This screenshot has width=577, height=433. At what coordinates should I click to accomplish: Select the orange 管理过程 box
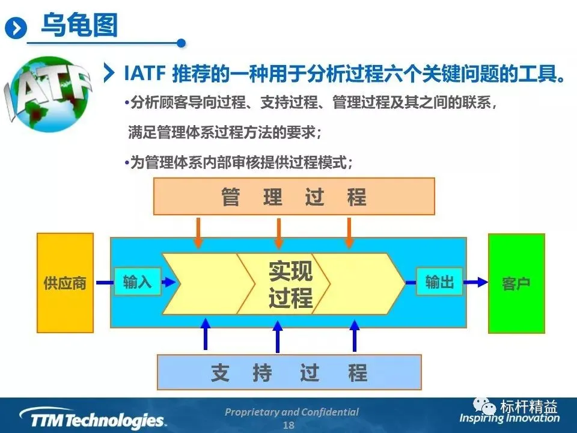tap(294, 197)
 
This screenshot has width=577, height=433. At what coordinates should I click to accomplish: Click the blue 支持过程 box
tap(289, 373)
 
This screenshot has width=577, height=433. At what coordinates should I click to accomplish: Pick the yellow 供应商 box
tap(65, 283)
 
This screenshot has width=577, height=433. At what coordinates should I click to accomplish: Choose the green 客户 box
tap(516, 283)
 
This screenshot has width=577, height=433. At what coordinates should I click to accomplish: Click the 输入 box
tap(138, 281)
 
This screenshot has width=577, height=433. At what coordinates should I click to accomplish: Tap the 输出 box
tap(439, 281)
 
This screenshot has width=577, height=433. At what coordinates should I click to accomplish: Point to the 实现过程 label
tap(291, 284)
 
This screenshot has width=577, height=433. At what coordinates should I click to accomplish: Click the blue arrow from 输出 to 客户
tap(475, 281)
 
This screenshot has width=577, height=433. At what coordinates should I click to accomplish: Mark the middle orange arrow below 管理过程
tap(278, 233)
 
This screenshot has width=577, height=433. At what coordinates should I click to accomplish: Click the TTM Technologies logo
tap(92, 419)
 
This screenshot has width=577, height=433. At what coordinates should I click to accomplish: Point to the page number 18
tap(288, 425)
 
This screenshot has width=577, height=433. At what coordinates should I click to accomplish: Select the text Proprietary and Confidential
tap(292, 412)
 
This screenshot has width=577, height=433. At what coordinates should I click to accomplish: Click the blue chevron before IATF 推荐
tap(109, 73)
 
